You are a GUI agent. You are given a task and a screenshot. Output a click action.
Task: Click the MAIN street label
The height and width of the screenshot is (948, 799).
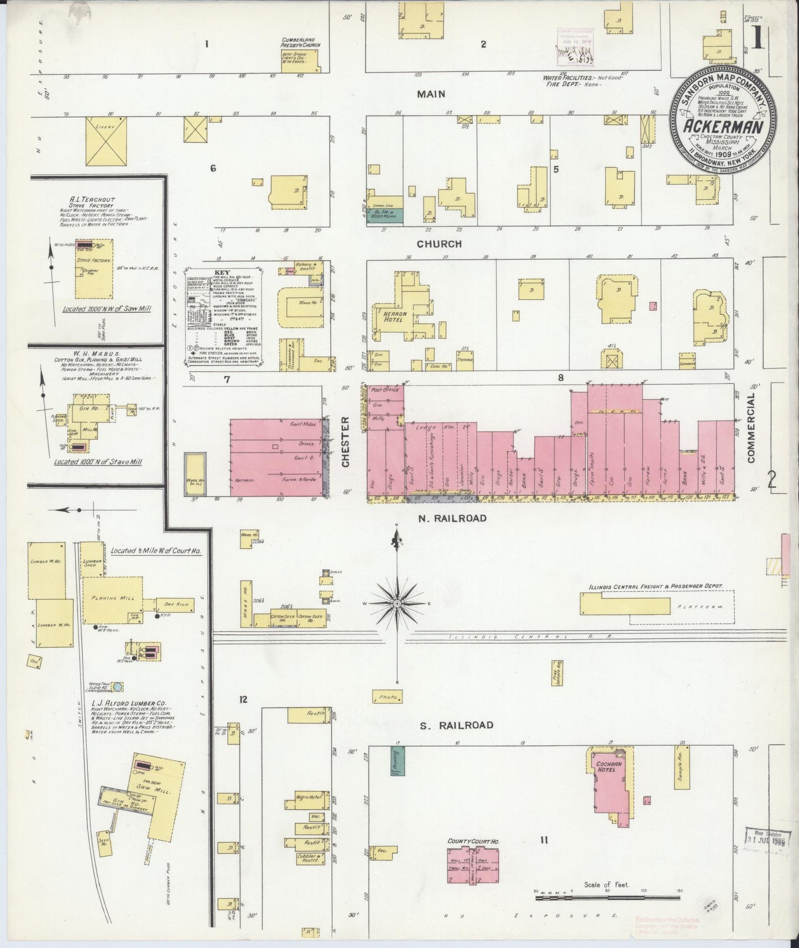pyautogui.click(x=431, y=94)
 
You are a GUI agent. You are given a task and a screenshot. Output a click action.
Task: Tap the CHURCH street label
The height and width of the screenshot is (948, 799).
pyautogui.click(x=439, y=244)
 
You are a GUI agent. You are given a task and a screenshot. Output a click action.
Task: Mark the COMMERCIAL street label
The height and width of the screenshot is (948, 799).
pyautogui.click(x=751, y=428)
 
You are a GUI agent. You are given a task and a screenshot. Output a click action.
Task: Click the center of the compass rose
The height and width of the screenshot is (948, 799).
pyautogui.click(x=396, y=602)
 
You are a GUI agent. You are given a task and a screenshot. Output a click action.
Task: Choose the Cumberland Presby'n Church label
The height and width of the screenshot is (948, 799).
pyautogui.click(x=301, y=43)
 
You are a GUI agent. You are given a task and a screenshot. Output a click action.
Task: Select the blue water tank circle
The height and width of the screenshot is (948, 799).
pyautogui.click(x=118, y=687)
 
